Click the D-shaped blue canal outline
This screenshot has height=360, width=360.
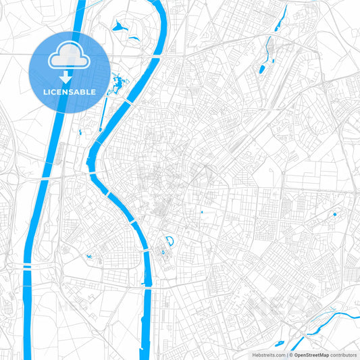point(170,240)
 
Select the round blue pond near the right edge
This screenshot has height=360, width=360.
point(334,214)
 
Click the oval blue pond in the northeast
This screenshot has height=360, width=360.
point(261,68)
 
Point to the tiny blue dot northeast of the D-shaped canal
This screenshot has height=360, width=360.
point(202,213)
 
